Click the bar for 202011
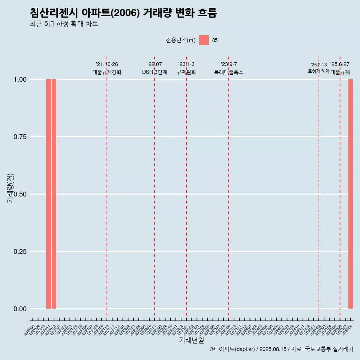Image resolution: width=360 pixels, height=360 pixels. (x=48, y=194)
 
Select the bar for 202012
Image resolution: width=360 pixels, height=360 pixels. (x=54, y=194)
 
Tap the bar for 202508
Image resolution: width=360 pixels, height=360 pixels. (x=351, y=194)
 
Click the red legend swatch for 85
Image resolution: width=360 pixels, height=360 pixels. (x=204, y=40)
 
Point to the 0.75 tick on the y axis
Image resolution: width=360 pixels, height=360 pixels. (x=20, y=137)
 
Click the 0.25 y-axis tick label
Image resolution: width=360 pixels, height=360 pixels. (x=20, y=252)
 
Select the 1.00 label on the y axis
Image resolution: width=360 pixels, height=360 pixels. (x=20, y=79)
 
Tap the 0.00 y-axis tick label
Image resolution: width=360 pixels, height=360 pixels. (x=20, y=309)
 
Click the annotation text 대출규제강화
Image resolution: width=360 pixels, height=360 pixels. (x=107, y=72)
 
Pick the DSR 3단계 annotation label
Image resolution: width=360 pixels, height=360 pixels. (x=154, y=72)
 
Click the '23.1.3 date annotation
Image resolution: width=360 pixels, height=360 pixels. (x=186, y=64)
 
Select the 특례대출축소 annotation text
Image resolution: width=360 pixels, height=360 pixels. (x=229, y=72)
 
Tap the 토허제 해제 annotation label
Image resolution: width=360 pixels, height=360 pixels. (x=318, y=71)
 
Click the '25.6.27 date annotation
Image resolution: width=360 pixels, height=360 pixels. (x=340, y=64)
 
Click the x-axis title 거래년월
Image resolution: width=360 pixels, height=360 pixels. (x=192, y=340)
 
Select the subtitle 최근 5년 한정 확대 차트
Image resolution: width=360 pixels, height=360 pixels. (x=64, y=24)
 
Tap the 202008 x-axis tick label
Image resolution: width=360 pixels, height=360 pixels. (x=30, y=330)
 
